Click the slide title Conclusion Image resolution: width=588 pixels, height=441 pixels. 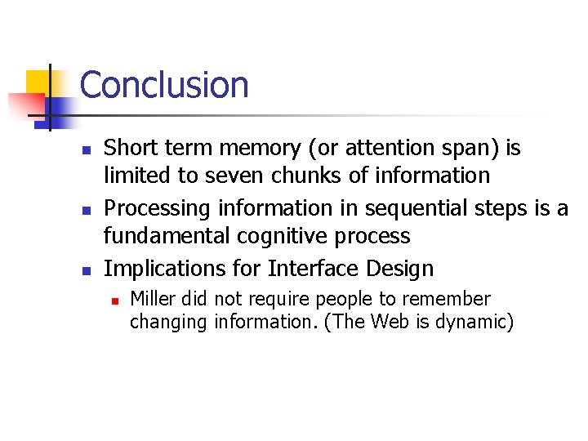(x=164, y=85)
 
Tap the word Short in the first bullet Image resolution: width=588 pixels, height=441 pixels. (x=127, y=148)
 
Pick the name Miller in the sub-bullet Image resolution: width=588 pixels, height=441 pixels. (x=152, y=299)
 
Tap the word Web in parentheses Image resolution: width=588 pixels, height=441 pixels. (x=390, y=321)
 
